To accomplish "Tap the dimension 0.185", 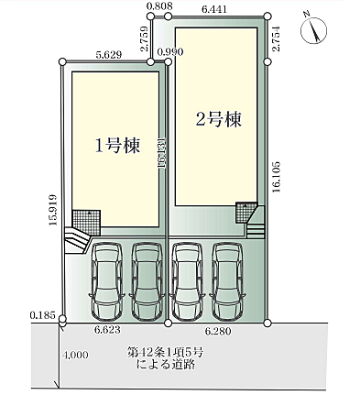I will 41,314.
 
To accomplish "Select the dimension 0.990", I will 170,52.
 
